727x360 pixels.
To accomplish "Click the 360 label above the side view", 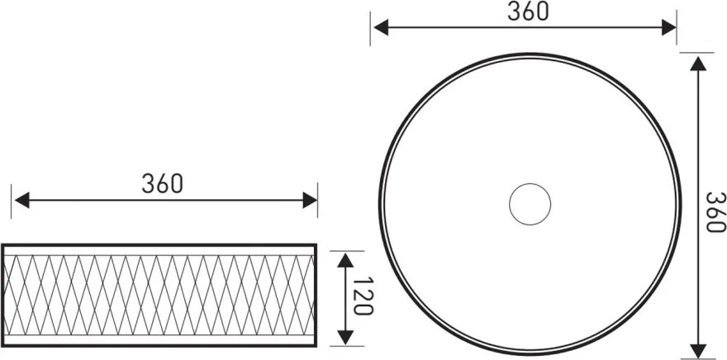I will [x=162, y=183].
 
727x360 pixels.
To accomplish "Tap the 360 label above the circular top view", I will [x=527, y=11].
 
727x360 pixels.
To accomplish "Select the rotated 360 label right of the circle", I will [x=715, y=212].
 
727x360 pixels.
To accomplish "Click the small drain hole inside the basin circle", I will [x=530, y=204].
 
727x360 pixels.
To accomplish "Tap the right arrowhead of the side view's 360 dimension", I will [x=310, y=200].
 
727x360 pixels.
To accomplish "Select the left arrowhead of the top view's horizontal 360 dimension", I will [x=380, y=26].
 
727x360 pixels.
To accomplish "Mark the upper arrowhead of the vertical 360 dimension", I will [x=699, y=61].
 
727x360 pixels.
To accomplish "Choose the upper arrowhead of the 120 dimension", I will [x=345, y=259].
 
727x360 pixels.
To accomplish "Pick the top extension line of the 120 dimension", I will [x=348, y=249].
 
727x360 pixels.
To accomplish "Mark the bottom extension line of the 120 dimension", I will [x=348, y=345].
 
